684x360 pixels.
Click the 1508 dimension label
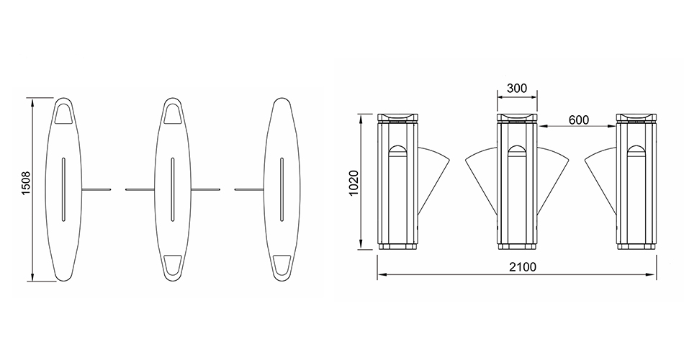(26, 184)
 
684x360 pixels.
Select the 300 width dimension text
(517, 88)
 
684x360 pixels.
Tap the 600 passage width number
(578, 120)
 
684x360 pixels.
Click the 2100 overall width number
(523, 266)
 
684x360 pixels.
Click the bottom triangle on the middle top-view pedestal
(173, 265)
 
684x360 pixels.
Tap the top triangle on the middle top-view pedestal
(173, 114)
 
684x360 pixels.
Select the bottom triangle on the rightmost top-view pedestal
(282, 265)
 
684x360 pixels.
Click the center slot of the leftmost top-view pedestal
(63, 189)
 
